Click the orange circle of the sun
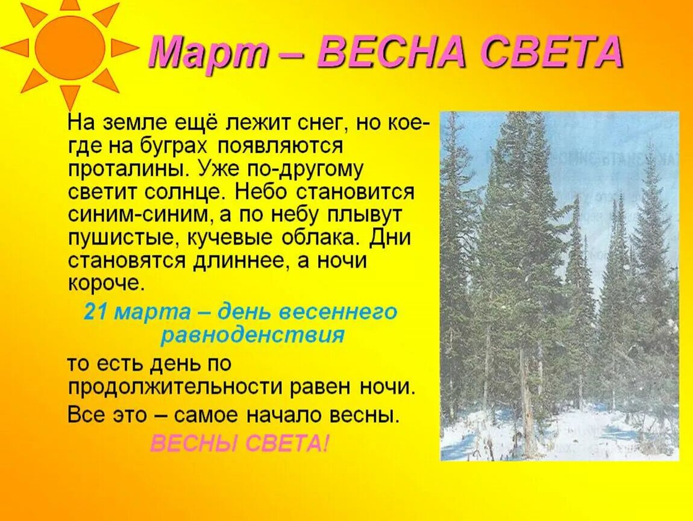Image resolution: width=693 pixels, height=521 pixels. pos(70,48)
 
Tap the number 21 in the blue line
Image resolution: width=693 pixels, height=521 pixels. pos(95,312)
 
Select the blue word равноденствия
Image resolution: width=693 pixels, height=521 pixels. pos(252,335)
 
